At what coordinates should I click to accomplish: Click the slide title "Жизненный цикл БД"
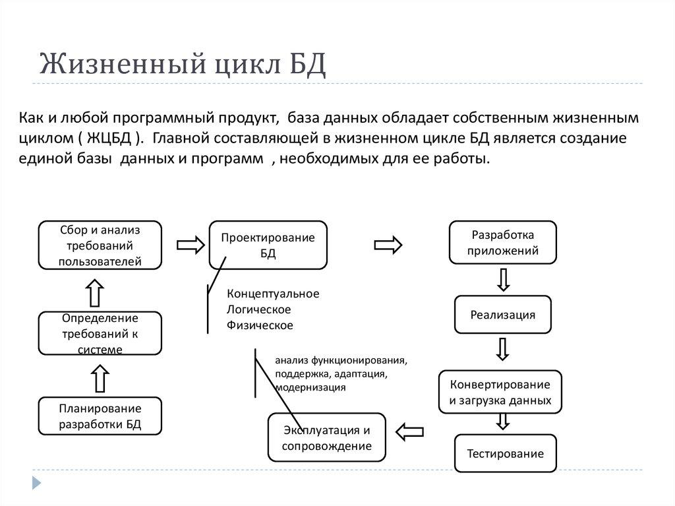coord(183,67)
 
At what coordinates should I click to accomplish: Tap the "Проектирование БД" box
coord(268,245)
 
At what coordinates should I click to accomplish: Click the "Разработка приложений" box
coord(503,243)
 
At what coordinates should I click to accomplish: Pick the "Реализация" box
coord(502,315)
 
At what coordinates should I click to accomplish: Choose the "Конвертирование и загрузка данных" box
coord(500,392)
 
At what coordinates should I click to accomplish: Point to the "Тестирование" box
coord(505,453)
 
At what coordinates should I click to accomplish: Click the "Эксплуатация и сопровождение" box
coord(326,438)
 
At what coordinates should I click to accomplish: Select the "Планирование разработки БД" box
coord(100,416)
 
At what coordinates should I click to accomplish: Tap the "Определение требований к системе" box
coord(100,333)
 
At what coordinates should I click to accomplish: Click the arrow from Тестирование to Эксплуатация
coord(409,431)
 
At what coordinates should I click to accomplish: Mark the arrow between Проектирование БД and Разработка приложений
coord(388,245)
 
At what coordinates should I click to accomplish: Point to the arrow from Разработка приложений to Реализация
coord(503,279)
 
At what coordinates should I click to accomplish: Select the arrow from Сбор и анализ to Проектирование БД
coord(191,245)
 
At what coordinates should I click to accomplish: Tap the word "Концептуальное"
coord(272,294)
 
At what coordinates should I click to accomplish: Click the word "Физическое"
coord(260,325)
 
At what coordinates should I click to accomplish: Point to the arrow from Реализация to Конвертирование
coord(503,350)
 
